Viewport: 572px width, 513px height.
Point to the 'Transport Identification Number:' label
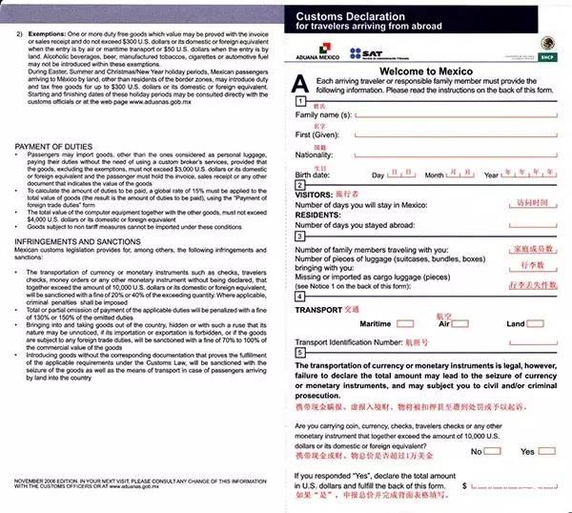point(357,340)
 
